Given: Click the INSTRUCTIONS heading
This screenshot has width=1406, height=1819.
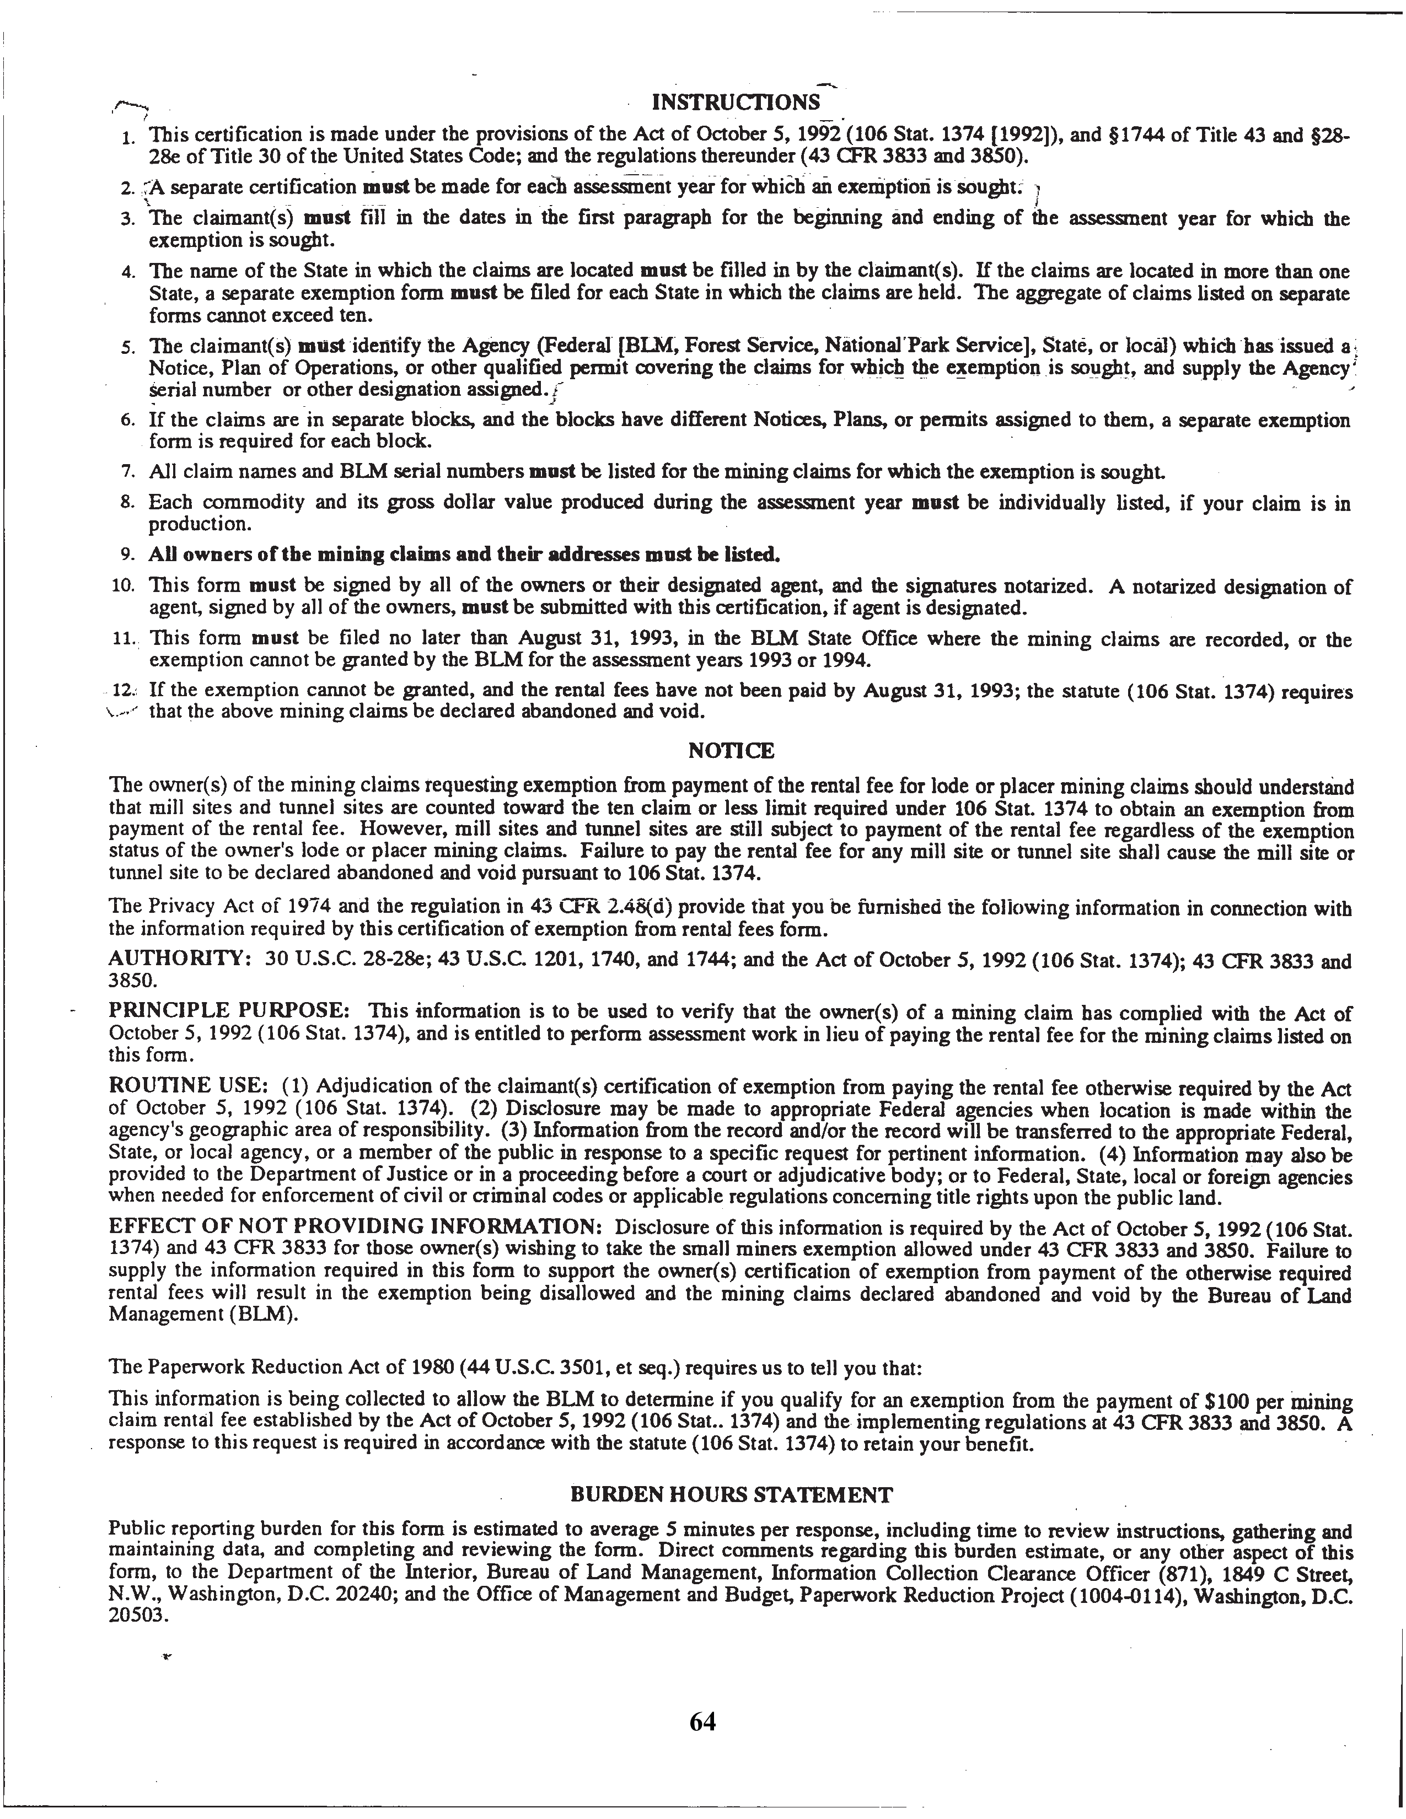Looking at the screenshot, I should click(x=734, y=103).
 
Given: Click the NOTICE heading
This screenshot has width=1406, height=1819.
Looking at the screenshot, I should click(x=731, y=751).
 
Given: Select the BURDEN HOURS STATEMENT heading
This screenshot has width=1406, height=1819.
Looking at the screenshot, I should click(x=731, y=1495).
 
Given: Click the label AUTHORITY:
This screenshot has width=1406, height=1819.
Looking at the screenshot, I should click(x=180, y=960).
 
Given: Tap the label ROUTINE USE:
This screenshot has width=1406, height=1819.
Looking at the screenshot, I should click(x=188, y=1087).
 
